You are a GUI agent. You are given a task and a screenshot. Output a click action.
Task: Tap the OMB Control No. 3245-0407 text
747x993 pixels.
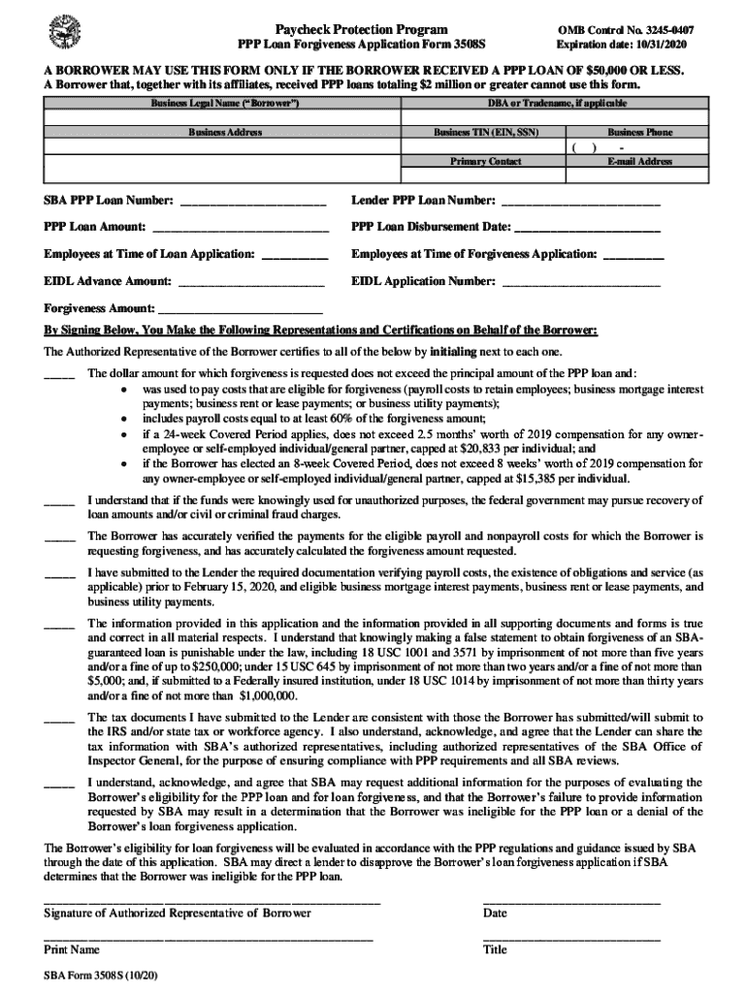coord(624,30)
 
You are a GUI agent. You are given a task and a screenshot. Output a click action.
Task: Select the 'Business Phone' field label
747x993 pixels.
coord(639,132)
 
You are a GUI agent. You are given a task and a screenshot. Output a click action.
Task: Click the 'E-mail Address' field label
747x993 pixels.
coord(639,161)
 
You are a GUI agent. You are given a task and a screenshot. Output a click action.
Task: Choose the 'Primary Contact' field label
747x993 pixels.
coord(485,161)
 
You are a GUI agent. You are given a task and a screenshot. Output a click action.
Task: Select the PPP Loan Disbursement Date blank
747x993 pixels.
coord(587,228)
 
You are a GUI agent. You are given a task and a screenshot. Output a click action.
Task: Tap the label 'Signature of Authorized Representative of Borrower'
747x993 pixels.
coord(178,913)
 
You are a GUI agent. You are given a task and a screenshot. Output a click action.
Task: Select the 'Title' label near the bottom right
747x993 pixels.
coord(495,950)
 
